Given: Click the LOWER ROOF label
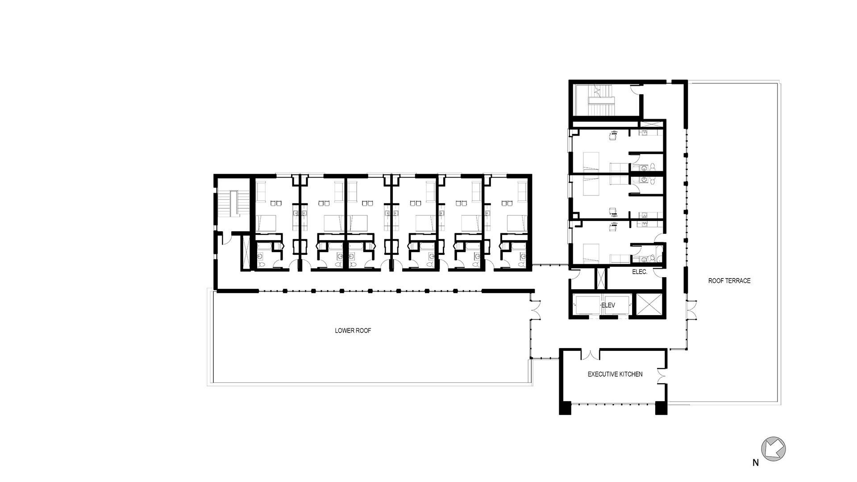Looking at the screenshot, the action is tap(353, 331).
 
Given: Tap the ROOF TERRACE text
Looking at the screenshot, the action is tap(729, 281).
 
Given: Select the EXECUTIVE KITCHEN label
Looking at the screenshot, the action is tap(615, 374).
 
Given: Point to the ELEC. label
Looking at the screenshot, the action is tap(640, 272).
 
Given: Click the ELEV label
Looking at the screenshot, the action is tap(608, 305).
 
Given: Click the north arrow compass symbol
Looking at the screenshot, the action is tap(773, 449).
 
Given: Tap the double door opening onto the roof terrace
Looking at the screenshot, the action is tap(692, 309).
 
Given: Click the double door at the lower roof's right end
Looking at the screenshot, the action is tap(535, 309).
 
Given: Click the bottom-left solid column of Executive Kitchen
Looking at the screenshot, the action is tap(565, 408).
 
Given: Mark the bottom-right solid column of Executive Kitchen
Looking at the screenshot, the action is tap(661, 408).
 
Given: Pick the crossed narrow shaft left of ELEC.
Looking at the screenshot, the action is tap(601, 278).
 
